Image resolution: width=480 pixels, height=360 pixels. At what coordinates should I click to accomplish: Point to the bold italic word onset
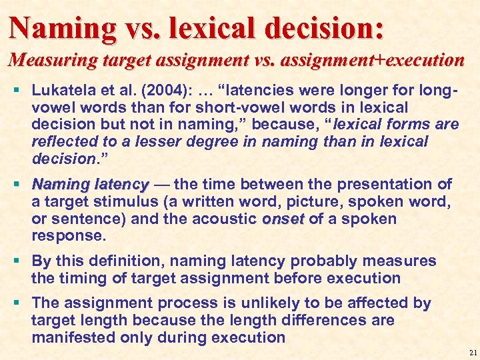point(283,219)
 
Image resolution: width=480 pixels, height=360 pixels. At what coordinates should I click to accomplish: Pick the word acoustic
point(226,219)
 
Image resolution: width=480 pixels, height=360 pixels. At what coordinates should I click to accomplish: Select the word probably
point(295,261)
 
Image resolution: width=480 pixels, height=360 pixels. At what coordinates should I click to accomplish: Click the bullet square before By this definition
point(16,261)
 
